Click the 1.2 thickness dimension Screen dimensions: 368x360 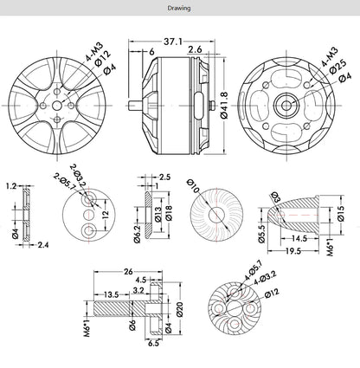tap(10, 186)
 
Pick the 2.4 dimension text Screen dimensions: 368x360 tap(43, 245)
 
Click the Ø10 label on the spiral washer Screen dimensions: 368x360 tap(194, 184)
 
